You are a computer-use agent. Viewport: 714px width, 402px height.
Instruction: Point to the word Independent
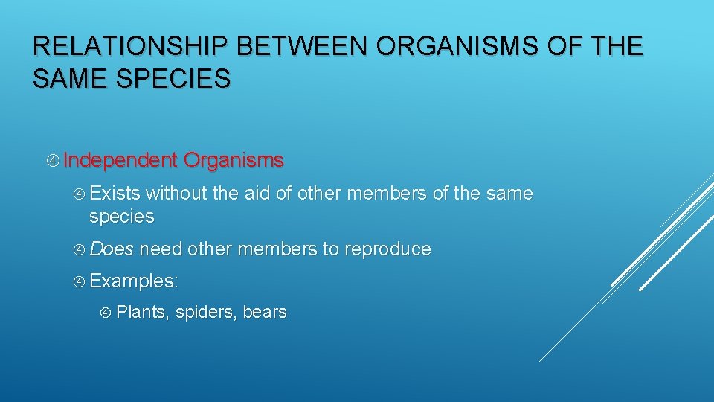pos(121,160)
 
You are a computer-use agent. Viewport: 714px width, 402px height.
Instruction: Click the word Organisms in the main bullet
pos(234,160)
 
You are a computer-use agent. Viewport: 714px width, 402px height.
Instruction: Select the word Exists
pos(115,194)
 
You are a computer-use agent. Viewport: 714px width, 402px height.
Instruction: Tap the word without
pos(176,194)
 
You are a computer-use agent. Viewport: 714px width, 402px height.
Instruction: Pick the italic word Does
pos(112,249)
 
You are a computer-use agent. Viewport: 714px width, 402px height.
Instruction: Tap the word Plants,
pos(143,313)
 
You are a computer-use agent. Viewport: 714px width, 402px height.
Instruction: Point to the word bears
pos(264,313)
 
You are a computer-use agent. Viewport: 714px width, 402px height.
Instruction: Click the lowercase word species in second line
pos(121,217)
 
